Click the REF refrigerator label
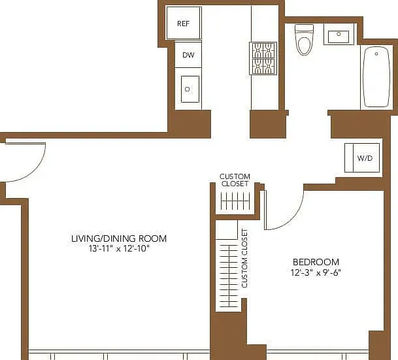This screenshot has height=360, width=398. pyautogui.click(x=183, y=24)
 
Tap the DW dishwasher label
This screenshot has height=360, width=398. pyautogui.click(x=188, y=55)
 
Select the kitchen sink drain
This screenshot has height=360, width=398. pyautogui.click(x=188, y=89)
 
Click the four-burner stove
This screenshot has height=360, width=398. pyautogui.click(x=263, y=58)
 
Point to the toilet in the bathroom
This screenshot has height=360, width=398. pyautogui.click(x=304, y=40)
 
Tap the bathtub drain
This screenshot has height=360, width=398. pyautogui.click(x=376, y=54)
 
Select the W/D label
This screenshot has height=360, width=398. pyautogui.click(x=365, y=158)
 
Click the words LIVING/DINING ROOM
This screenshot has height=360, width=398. pyautogui.click(x=119, y=238)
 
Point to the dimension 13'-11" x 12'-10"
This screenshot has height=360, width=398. pyautogui.click(x=118, y=249)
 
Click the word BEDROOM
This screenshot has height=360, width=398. pyautogui.click(x=316, y=262)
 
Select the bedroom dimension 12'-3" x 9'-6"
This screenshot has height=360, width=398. pyautogui.click(x=316, y=272)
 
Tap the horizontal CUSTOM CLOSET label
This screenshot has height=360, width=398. pyautogui.click(x=235, y=180)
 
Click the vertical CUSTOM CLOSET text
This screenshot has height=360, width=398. pyautogui.click(x=244, y=258)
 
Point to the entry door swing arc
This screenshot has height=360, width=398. pyautogui.click(x=35, y=170)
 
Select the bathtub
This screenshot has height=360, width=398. pyautogui.click(x=376, y=77)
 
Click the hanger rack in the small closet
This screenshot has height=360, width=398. pyautogui.click(x=235, y=201)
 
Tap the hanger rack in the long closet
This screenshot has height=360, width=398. pyautogui.click(x=229, y=276)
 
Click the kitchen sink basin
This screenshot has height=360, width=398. pyautogui.click(x=190, y=89)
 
